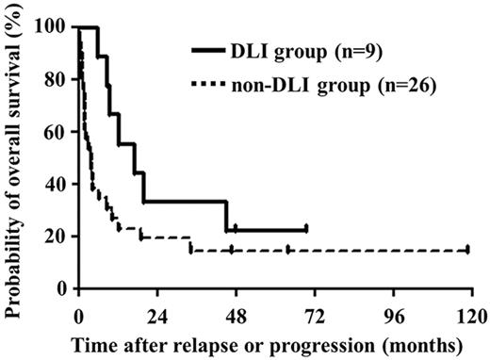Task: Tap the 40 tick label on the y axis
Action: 57,184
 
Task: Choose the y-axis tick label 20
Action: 57,236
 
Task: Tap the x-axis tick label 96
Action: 392,313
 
